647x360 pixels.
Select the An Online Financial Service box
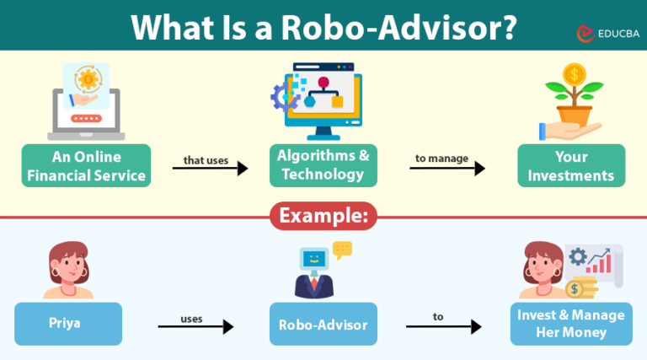[x=87, y=166]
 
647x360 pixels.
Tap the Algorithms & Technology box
[x=323, y=166]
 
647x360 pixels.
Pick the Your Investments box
[x=571, y=166]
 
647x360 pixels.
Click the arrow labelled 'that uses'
[x=210, y=168]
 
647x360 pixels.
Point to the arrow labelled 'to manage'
[x=447, y=168]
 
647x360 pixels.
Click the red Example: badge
[x=323, y=216]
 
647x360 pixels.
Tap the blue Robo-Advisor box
[x=323, y=324]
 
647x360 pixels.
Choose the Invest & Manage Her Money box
[x=571, y=324]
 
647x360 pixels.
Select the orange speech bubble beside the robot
[x=342, y=250]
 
